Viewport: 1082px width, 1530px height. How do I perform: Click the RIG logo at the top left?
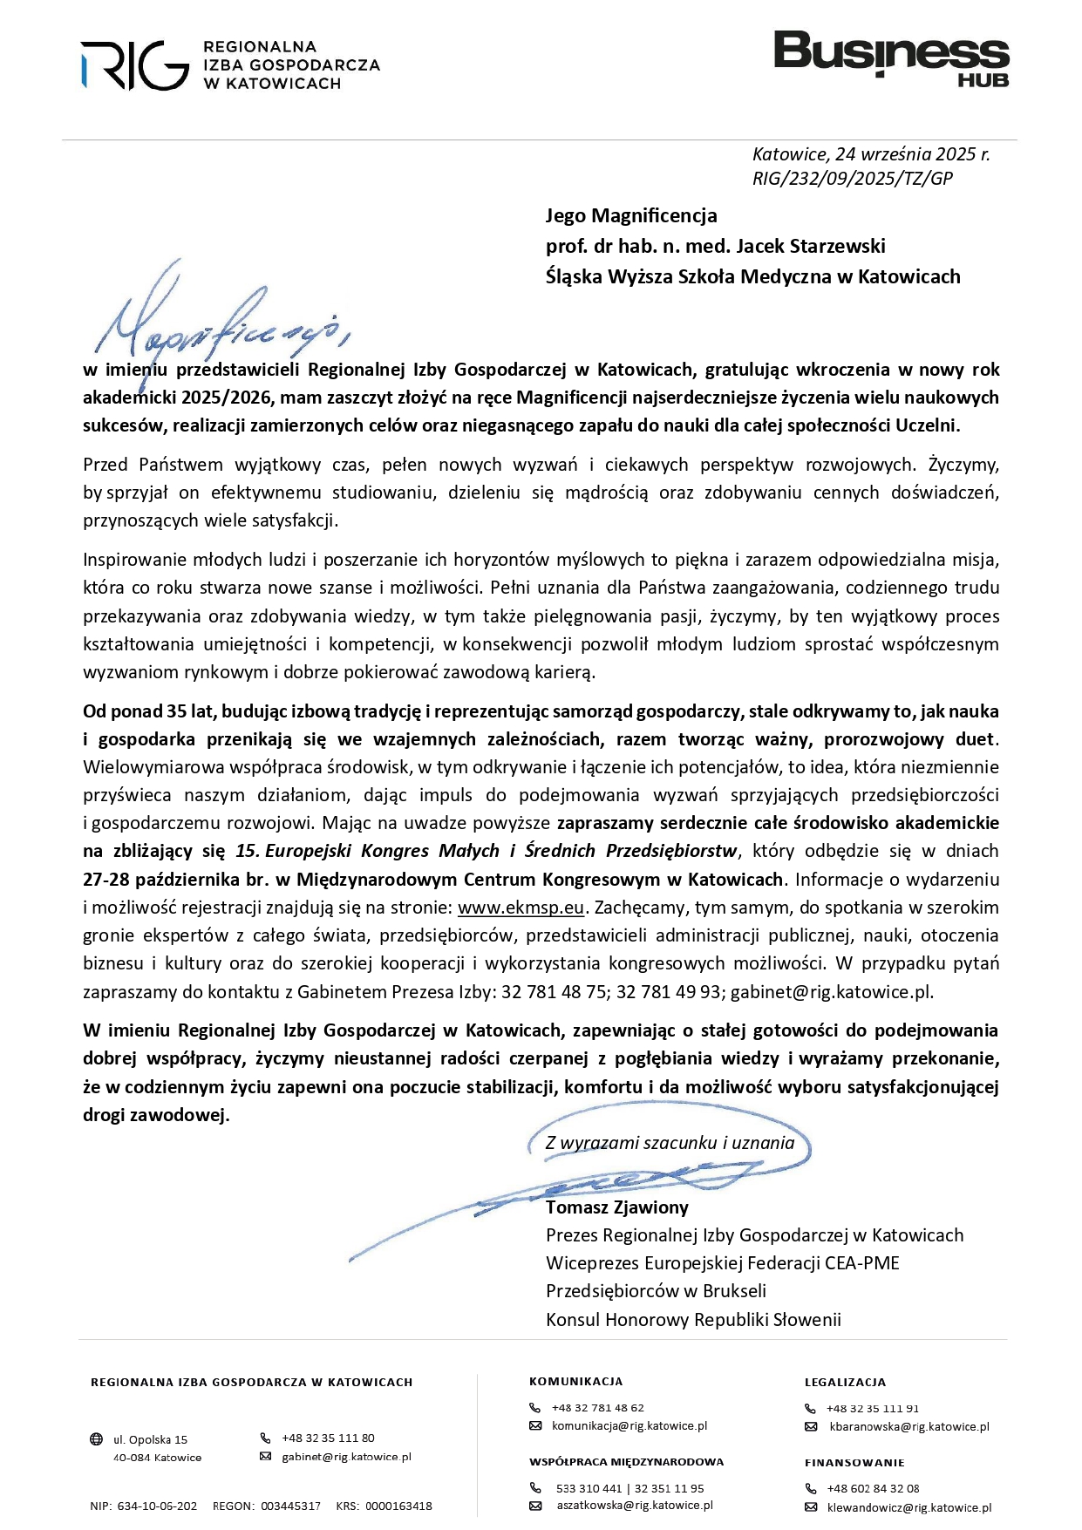coord(135,65)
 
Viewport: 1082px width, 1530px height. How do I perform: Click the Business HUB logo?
coord(891,58)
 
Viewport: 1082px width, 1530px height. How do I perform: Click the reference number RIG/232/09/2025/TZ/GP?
coord(852,179)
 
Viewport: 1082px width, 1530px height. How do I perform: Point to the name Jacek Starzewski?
coord(811,246)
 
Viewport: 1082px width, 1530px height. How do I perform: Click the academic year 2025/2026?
coord(227,398)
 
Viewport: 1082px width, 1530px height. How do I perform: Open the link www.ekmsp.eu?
coord(521,908)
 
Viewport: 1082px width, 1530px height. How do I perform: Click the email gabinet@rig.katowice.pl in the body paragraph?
coord(831,991)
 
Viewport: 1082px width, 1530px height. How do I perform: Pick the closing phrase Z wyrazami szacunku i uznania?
coord(670,1143)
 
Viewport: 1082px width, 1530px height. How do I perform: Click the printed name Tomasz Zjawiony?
coord(616,1207)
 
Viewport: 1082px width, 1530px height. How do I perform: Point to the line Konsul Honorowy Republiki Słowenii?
coord(693,1319)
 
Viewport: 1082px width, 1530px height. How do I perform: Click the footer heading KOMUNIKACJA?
coord(575,1381)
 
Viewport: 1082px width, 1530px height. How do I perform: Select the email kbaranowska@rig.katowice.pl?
coord(908,1427)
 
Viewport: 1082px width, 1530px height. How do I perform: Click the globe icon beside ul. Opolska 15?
coord(97,1439)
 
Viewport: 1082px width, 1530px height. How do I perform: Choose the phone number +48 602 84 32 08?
coord(873,1488)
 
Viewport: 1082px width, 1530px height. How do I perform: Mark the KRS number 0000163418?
coord(398,1506)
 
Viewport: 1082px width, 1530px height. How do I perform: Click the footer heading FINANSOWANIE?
coord(854,1462)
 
